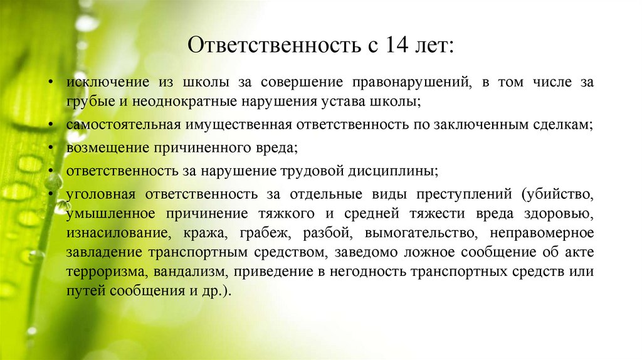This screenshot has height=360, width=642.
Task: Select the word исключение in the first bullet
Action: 100,82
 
